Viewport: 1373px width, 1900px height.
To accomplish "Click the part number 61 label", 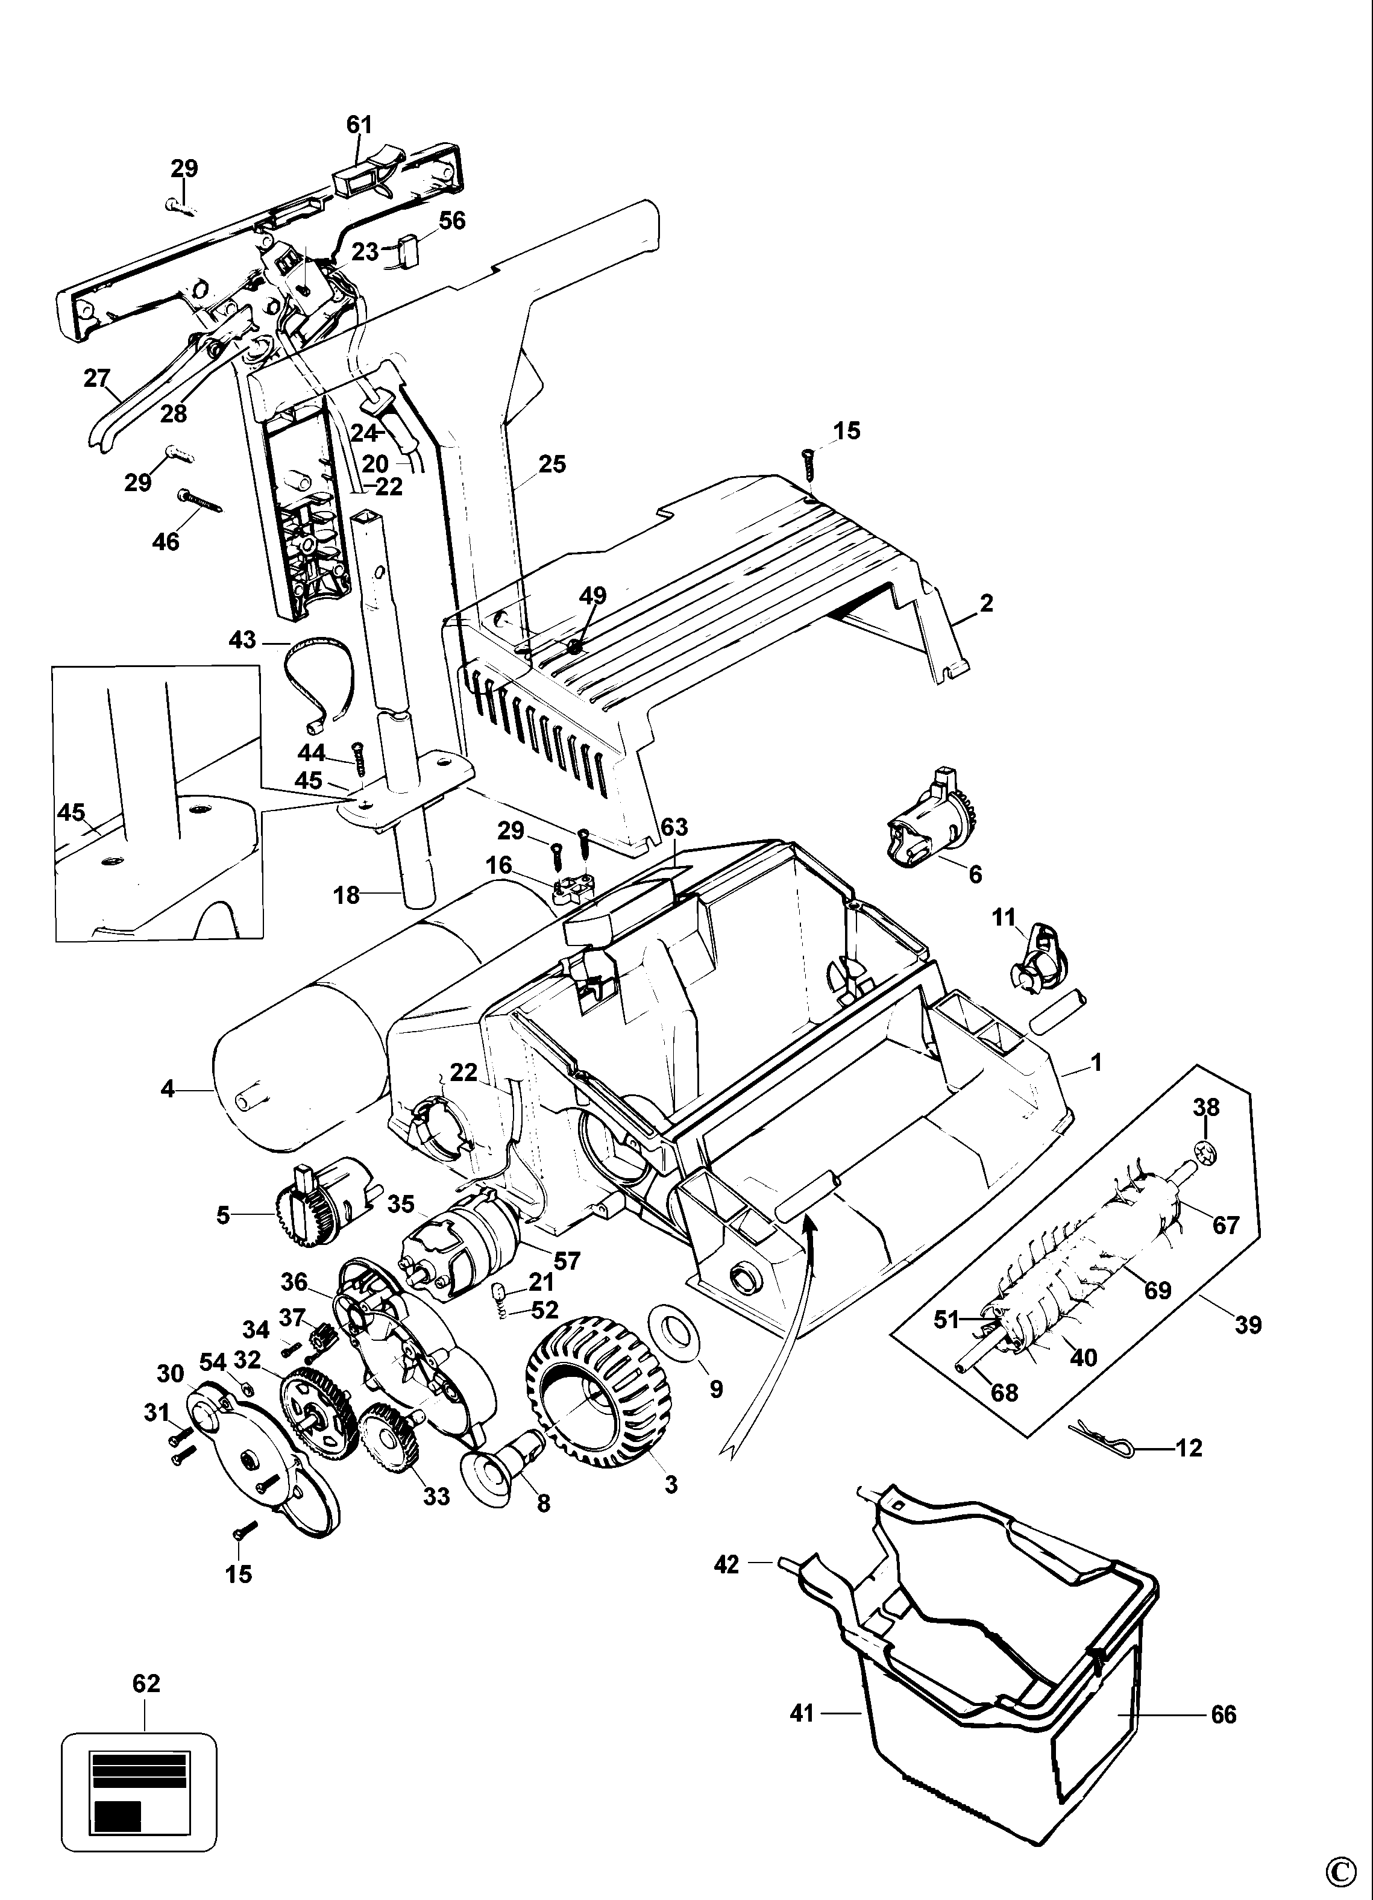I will point(359,125).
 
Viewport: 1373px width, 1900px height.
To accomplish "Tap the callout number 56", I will point(453,221).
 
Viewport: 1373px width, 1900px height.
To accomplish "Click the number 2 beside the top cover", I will point(986,603).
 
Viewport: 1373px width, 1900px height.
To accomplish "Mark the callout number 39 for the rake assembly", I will point(1248,1325).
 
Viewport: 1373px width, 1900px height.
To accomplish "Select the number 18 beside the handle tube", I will point(346,895).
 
